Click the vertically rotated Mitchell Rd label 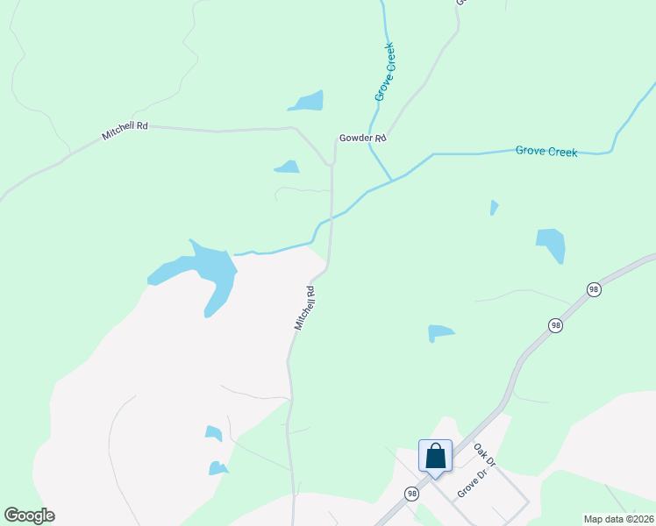(304, 307)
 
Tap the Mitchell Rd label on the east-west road (125, 131)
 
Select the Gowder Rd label (363, 139)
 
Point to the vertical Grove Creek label (385, 71)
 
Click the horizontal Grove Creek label (545, 152)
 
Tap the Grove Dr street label (472, 484)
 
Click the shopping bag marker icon (435, 456)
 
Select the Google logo (29, 515)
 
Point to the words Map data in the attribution (603, 519)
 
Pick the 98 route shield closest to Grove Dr (411, 494)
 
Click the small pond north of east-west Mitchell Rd (307, 102)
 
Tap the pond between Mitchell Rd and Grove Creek (287, 166)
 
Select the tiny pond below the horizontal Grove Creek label (494, 208)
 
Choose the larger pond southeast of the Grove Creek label (551, 244)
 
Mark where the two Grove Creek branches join (390, 180)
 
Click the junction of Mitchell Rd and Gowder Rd (332, 164)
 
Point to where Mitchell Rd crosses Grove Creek (331, 217)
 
